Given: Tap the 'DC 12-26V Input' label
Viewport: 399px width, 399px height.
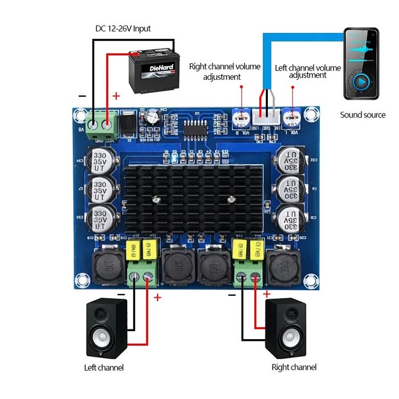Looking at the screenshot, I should point(123,28).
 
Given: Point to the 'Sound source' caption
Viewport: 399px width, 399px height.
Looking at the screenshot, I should point(363,115).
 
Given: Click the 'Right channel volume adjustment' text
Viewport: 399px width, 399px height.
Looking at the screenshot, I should point(225,72).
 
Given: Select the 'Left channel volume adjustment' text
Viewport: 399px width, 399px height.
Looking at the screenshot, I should point(308,71).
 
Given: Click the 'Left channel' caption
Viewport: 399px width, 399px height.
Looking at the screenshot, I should point(104,367).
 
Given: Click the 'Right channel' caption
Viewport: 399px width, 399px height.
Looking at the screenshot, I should point(294,367).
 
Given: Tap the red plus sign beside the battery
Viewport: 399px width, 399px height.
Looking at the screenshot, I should point(117,96).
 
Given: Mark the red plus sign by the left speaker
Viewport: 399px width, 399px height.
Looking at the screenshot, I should point(158,297).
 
